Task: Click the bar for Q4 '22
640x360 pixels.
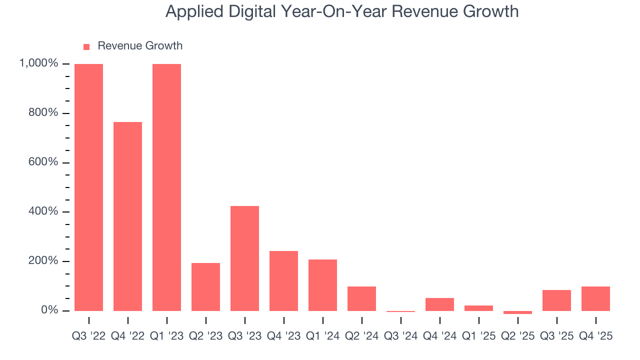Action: click(127, 216)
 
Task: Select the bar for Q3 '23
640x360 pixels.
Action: click(244, 258)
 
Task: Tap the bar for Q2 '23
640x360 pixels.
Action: click(205, 286)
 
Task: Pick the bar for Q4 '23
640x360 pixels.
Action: click(283, 280)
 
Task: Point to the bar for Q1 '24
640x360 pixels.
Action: click(322, 285)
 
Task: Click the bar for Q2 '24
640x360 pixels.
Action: click(361, 298)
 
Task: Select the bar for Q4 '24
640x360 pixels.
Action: click(439, 304)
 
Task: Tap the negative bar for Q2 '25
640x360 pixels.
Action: click(517, 312)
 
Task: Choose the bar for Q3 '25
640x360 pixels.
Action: click(556, 300)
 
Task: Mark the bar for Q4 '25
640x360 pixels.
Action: click(595, 298)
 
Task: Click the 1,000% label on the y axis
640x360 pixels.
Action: click(38, 63)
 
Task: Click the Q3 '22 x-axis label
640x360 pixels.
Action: click(88, 336)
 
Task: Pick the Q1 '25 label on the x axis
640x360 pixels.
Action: click(478, 336)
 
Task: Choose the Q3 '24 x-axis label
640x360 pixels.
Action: click(400, 336)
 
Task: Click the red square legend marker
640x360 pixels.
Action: click(86, 46)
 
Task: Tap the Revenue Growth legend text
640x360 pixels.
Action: click(140, 46)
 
